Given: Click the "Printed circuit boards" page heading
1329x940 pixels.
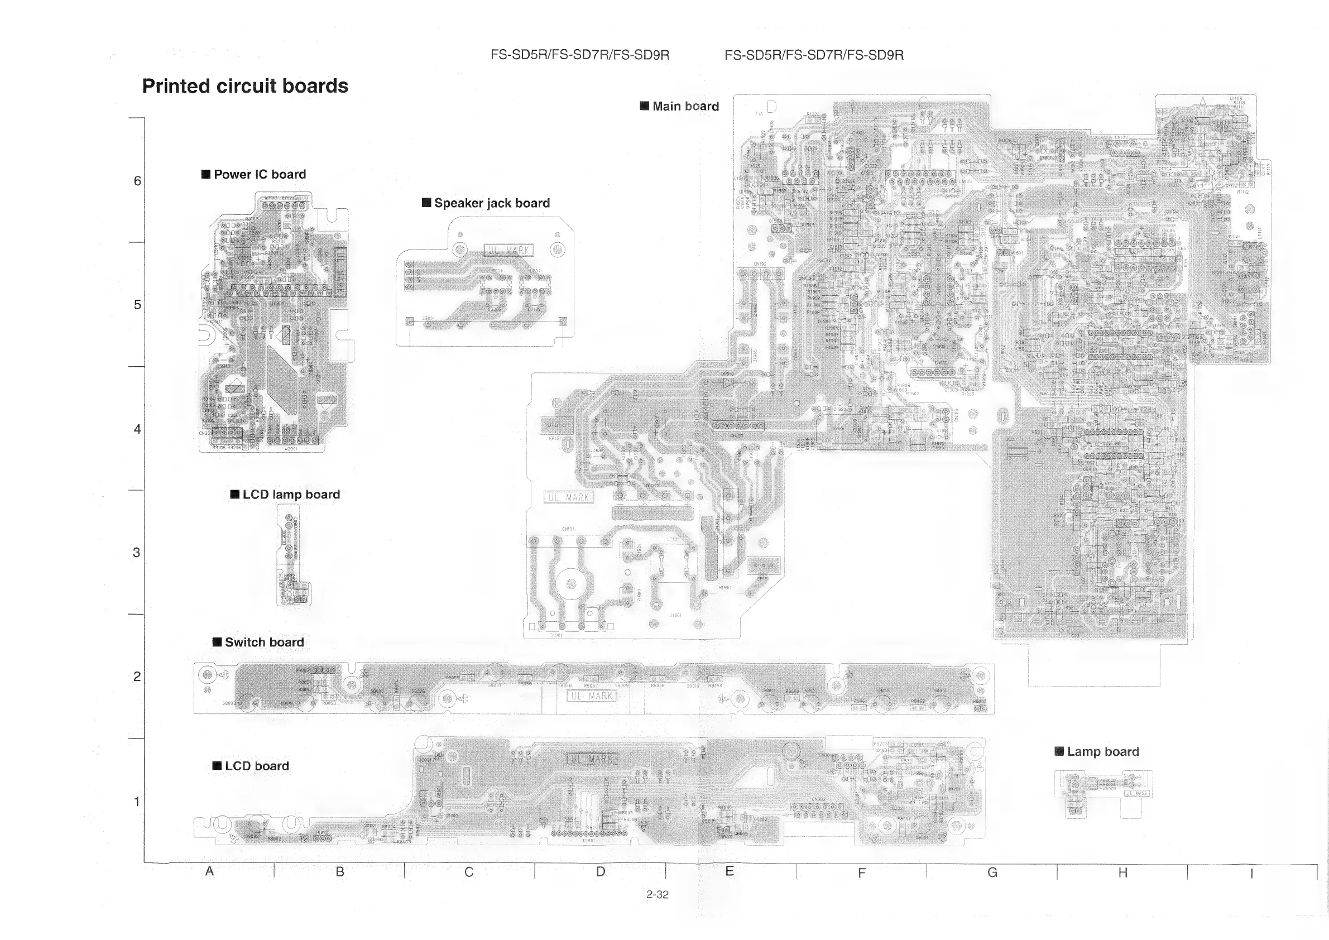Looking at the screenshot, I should (245, 87).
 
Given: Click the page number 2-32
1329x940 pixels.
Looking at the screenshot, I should (657, 894).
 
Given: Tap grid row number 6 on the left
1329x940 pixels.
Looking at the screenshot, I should (137, 181).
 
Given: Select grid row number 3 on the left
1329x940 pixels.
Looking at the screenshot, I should (137, 552).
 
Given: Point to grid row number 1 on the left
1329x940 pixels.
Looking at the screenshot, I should (137, 802).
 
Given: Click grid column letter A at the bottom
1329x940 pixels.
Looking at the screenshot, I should (209, 871).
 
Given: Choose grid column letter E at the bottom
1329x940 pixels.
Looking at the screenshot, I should (730, 871).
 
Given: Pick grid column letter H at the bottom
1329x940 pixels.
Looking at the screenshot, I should (1122, 872).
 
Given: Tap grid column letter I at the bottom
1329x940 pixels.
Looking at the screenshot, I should (1251, 874).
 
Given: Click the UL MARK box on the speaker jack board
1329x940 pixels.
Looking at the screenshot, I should (509, 250).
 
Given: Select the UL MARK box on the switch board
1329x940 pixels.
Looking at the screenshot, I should (592, 696).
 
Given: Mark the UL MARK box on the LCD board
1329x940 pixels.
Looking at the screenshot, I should (592, 759).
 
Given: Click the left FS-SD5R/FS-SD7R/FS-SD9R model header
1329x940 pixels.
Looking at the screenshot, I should (579, 55).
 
